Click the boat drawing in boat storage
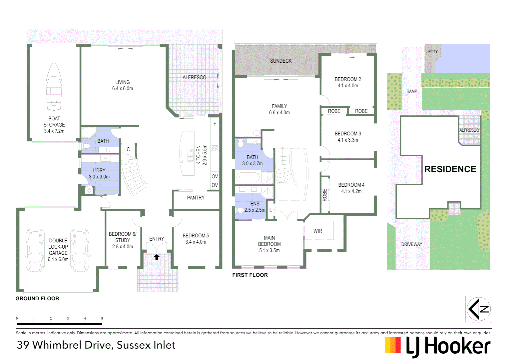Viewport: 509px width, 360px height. (x=54, y=87)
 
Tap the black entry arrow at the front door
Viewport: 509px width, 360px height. (x=157, y=257)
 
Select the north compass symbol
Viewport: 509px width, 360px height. (x=478, y=309)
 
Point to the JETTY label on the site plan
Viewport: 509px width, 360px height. (x=432, y=52)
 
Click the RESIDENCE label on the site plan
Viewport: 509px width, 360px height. (x=450, y=169)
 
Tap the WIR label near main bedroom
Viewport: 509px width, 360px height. (x=317, y=231)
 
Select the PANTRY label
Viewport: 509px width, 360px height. (x=196, y=198)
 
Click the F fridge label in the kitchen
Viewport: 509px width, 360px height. (x=215, y=124)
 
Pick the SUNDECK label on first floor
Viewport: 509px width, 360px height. (x=280, y=61)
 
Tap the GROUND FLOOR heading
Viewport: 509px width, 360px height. (x=37, y=299)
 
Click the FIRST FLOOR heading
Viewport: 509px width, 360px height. (x=250, y=275)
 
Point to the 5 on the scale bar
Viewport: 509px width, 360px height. (x=102, y=319)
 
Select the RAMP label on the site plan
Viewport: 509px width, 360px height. (x=411, y=91)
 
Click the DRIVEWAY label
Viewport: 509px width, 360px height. (x=411, y=244)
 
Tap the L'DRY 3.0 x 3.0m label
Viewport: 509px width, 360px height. (x=99, y=174)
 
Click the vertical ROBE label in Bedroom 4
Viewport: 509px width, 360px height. (x=324, y=195)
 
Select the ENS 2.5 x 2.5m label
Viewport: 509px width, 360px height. (x=255, y=207)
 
